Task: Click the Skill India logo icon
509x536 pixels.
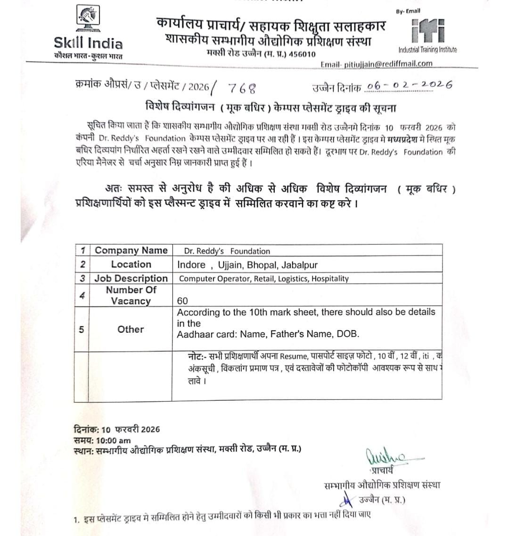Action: (87, 21)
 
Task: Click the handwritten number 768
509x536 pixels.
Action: (242, 88)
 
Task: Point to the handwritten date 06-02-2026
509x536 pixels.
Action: (409, 85)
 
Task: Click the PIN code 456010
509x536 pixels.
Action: (302, 54)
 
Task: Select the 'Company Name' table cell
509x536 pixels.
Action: (131, 250)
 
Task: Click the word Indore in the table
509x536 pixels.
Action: (191, 264)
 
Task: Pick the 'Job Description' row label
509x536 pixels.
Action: (131, 278)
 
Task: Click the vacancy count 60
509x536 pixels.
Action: (182, 301)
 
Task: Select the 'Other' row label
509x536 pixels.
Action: (131, 329)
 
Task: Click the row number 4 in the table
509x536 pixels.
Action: (82, 296)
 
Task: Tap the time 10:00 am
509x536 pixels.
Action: (114, 440)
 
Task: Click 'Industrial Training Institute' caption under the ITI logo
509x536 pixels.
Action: (427, 50)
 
